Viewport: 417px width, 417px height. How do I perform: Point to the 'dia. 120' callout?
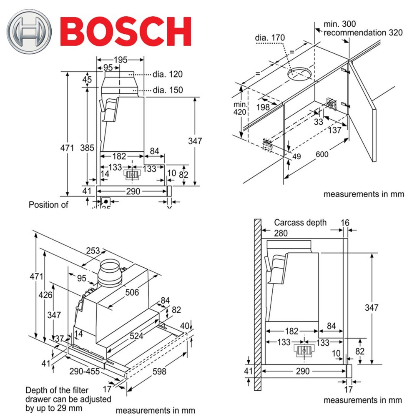(x=168, y=74)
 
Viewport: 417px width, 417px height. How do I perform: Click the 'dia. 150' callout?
(x=168, y=90)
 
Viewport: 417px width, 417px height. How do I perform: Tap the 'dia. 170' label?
(x=270, y=38)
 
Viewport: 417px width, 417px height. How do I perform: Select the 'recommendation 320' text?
(x=363, y=33)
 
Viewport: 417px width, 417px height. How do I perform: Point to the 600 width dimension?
(x=322, y=154)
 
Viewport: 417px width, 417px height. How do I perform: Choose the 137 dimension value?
(x=335, y=130)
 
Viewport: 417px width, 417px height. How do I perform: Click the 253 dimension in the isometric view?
(x=93, y=251)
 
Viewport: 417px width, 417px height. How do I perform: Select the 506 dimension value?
(x=132, y=292)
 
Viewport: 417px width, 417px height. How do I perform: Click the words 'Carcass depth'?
(x=300, y=223)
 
